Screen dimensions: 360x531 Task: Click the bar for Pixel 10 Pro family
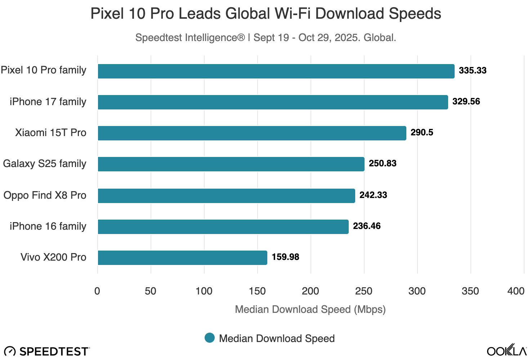tap(276, 71)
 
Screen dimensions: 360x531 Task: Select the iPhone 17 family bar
tap(273, 102)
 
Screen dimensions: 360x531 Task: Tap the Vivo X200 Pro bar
tap(182, 258)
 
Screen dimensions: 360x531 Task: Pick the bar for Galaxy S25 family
tap(231, 164)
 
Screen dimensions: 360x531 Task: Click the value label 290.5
tap(422, 132)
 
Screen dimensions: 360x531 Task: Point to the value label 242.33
tap(373, 195)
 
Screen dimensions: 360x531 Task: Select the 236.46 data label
tap(367, 226)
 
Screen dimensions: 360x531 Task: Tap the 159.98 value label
tap(285, 257)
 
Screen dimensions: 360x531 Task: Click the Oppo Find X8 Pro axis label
tap(45, 195)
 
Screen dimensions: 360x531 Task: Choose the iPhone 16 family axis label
tap(48, 226)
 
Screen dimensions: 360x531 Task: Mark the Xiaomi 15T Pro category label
tap(51, 132)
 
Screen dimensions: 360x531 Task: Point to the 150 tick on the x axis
tap(257, 291)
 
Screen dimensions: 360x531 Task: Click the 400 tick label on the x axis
tap(516, 291)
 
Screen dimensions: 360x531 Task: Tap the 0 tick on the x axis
tap(97, 291)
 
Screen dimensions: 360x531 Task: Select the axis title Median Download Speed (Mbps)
tap(310, 309)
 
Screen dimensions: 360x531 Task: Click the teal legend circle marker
tap(210, 338)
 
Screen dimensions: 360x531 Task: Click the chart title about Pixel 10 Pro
tap(265, 14)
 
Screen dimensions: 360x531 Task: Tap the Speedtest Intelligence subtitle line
tap(265, 37)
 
